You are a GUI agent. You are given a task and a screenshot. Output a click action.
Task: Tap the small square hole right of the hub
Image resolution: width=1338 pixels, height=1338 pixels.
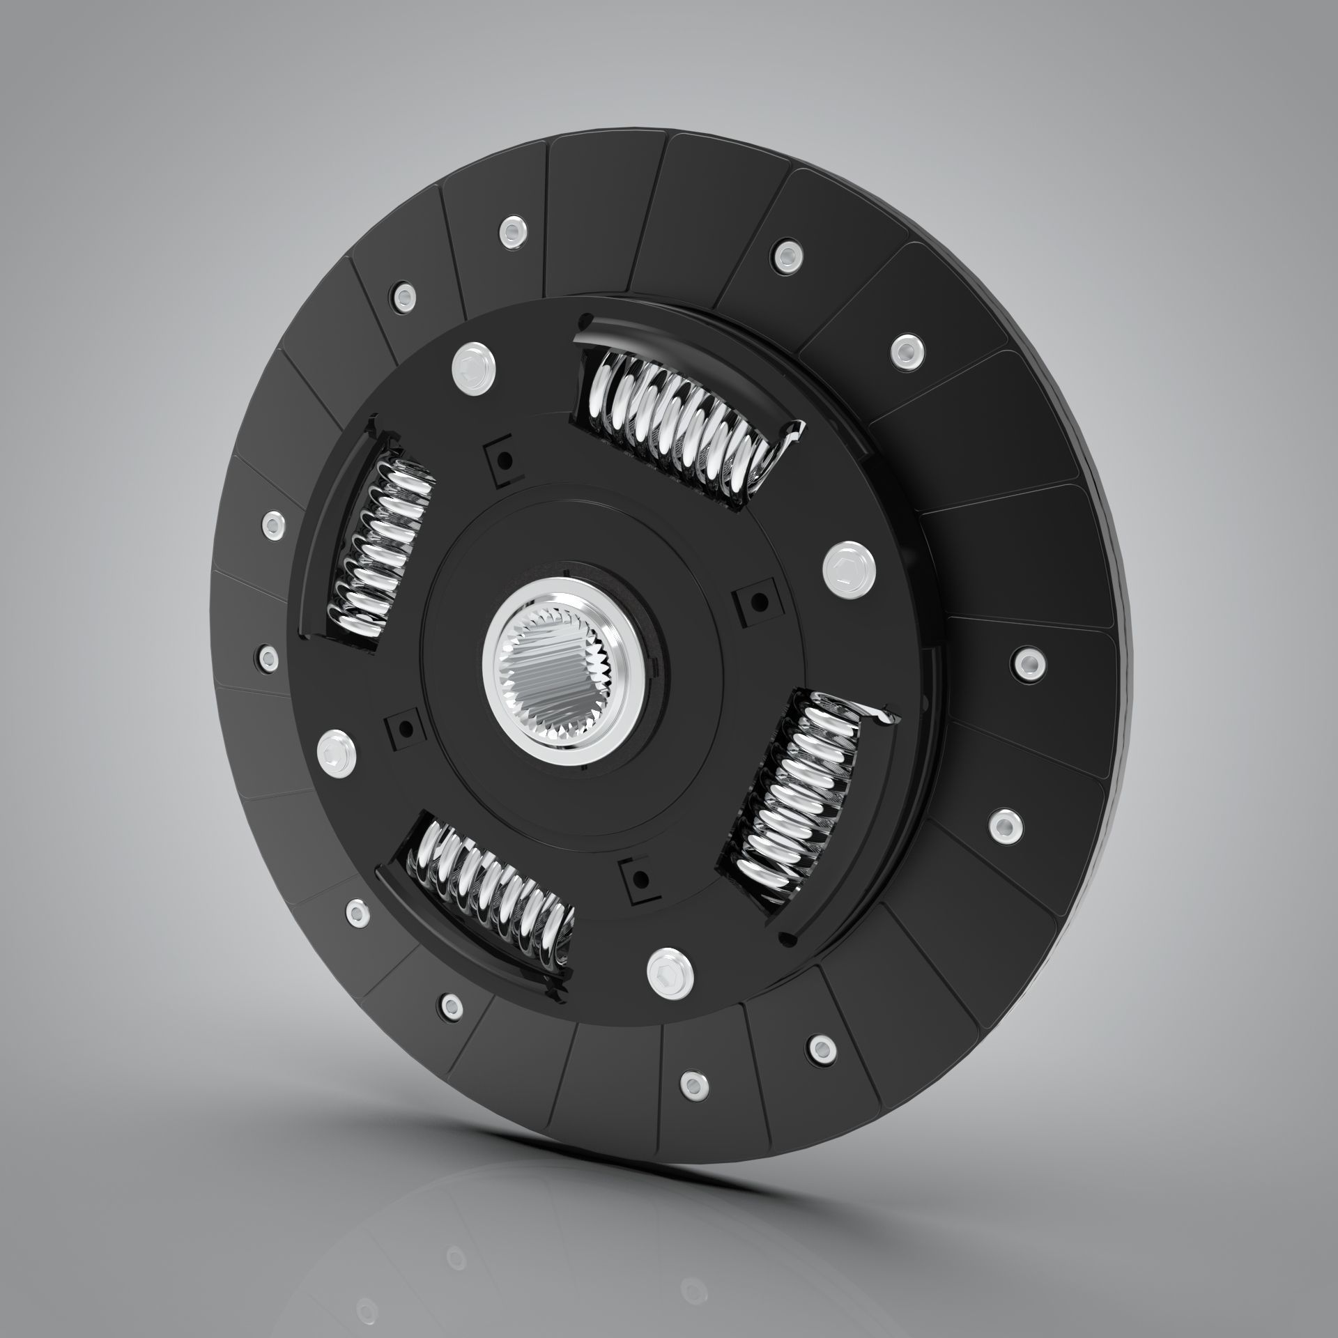point(757,599)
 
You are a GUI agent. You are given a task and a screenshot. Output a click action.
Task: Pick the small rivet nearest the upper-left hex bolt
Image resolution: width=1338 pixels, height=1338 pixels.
point(403,296)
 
